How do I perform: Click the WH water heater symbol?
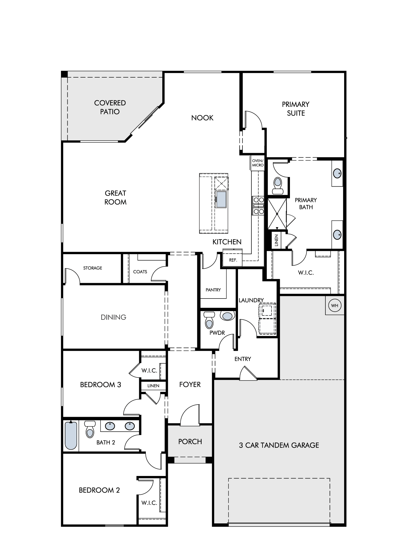[x=335, y=306]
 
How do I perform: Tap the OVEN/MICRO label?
[x=258, y=163]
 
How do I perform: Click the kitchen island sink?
[x=222, y=199]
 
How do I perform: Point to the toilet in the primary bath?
[x=278, y=186]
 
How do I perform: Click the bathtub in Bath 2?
[x=71, y=436]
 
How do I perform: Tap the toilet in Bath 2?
[x=90, y=429]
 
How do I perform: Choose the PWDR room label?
[x=217, y=333]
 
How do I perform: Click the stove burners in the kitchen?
[x=258, y=206]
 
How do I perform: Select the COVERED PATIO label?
[x=110, y=107]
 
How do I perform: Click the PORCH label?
[x=190, y=442]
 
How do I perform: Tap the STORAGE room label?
[x=93, y=268]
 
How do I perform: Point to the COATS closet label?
[x=140, y=272]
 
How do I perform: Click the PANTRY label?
[x=213, y=290]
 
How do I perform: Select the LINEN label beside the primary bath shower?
[x=277, y=240]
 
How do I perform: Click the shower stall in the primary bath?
[x=277, y=214]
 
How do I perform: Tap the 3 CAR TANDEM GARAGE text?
[x=279, y=445]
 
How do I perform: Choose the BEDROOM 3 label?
[x=101, y=385]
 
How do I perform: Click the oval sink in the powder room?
[x=227, y=316]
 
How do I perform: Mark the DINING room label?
[x=113, y=317]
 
